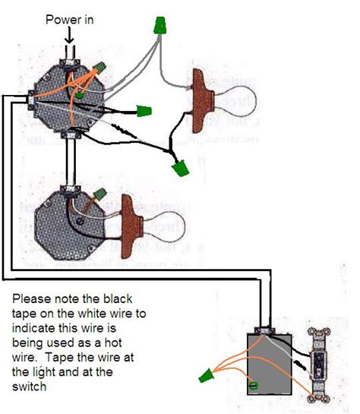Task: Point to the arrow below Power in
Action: click(x=69, y=35)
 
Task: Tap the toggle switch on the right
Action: click(x=318, y=363)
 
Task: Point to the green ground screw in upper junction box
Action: click(x=79, y=96)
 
